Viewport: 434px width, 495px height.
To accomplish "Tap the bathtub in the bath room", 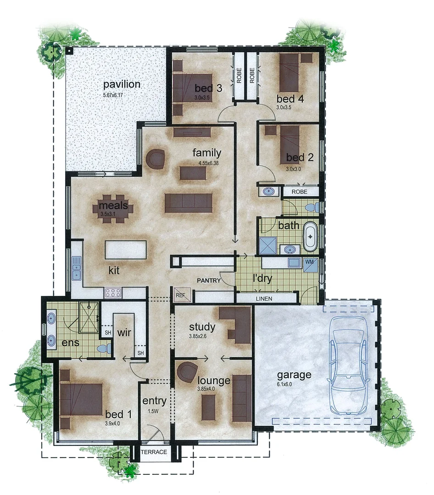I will click(x=311, y=237).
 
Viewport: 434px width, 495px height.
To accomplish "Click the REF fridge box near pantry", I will click(x=180, y=296).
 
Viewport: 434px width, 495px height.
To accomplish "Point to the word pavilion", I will click(x=122, y=84).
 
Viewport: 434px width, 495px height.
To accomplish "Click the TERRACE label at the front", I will click(x=154, y=452).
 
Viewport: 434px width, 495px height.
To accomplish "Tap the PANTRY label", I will click(x=209, y=280).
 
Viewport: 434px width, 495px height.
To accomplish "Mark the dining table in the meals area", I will click(x=114, y=209).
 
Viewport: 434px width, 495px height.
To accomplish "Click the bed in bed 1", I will click(x=82, y=399).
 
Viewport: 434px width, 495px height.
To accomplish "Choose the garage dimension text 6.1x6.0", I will click(x=284, y=385).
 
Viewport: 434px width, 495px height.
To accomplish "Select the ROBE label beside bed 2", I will click(x=299, y=191).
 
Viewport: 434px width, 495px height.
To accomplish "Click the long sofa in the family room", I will click(x=189, y=203).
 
